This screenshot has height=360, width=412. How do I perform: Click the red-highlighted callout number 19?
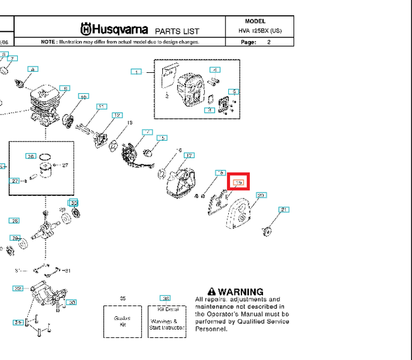coord(238,183)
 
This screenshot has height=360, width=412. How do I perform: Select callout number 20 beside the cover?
coord(261,195)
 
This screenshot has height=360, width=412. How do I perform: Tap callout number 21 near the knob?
coord(285,209)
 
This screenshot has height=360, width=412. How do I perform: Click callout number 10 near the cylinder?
coord(83,97)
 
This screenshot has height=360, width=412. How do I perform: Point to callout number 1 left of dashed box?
coord(136,72)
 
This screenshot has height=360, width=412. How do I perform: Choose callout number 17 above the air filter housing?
coord(189,155)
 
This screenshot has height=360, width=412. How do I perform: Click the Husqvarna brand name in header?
coord(114,29)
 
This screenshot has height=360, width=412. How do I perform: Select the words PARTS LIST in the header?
coord(177,31)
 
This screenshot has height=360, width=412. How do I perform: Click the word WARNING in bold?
coord(240,292)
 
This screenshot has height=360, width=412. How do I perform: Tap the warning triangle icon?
coord(212,291)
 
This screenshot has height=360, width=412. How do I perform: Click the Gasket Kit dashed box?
coord(122,321)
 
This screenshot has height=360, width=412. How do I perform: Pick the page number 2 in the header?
coord(269,42)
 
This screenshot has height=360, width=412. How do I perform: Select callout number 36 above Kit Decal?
coord(165,298)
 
